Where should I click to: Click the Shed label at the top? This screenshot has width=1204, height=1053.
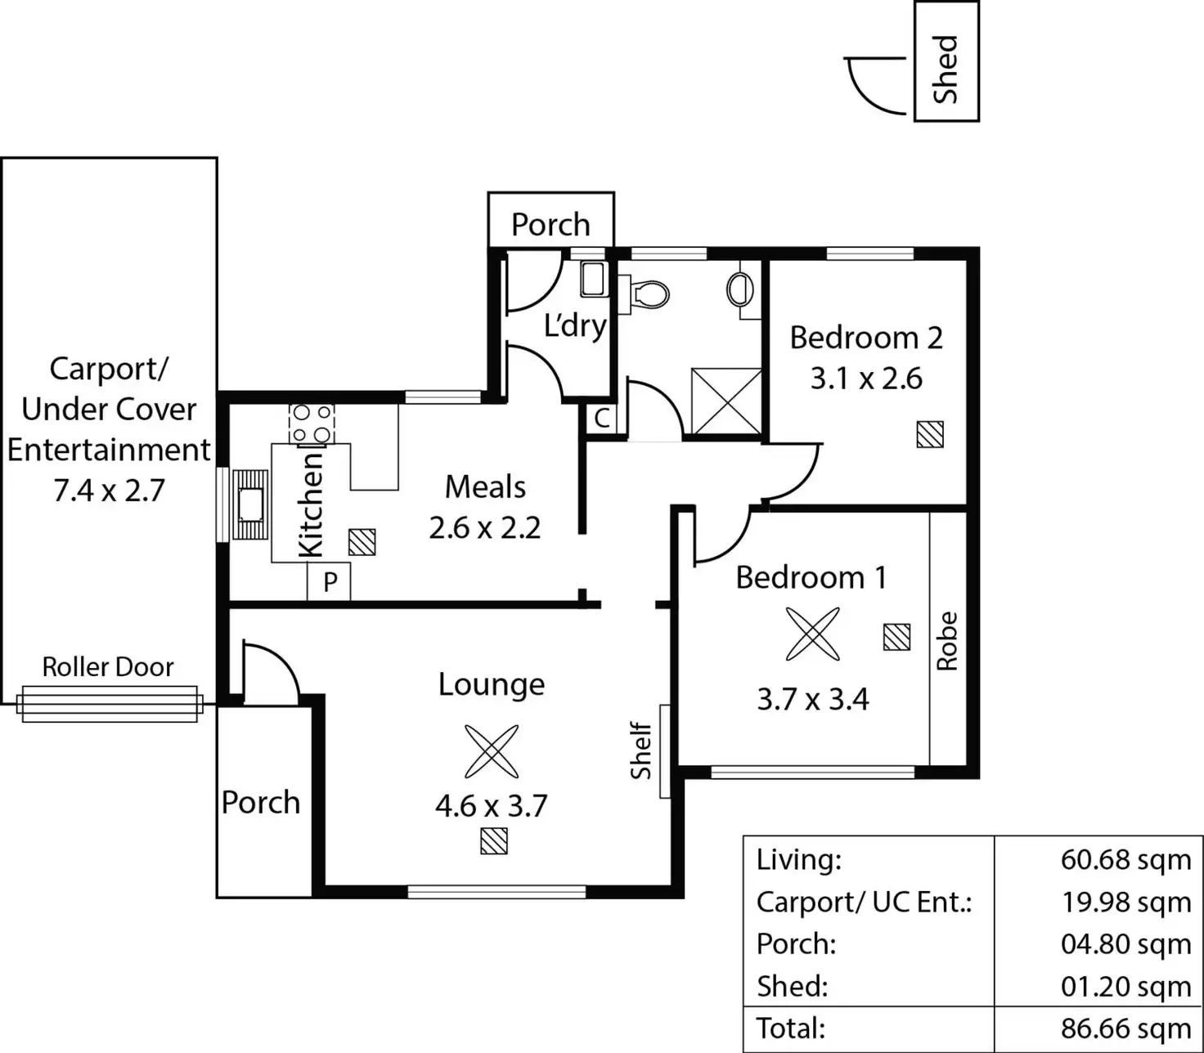coord(946,69)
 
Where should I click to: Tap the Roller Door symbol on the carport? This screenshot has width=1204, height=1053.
coord(110,704)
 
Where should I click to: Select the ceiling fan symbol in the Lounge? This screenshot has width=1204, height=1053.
coord(492,751)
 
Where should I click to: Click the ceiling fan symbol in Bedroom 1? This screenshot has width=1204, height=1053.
coord(812,634)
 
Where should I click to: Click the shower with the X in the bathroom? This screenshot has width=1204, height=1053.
coord(726,401)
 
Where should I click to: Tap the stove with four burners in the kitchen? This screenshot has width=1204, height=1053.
coord(312,423)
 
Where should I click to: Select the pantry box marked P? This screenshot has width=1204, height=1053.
coord(330,582)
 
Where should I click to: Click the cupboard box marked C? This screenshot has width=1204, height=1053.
coord(601,419)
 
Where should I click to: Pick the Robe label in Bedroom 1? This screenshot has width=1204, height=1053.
coord(946,641)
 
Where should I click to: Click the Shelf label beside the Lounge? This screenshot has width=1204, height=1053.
coord(641,751)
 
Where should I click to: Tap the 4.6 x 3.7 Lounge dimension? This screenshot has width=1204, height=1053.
coord(491,806)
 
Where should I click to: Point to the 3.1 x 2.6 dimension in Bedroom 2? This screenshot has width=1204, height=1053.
coord(866,379)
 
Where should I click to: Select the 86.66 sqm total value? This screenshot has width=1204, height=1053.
coord(1125,1028)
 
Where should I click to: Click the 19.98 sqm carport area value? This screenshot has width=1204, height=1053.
coord(1125,902)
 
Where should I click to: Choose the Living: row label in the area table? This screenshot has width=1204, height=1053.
coord(798,859)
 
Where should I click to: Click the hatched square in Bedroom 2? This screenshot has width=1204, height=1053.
coord(930,434)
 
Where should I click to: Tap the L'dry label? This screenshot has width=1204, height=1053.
coord(575,325)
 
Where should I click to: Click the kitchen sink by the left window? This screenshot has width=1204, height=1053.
coord(250,504)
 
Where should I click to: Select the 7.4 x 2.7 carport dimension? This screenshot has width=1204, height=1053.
coord(109,491)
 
